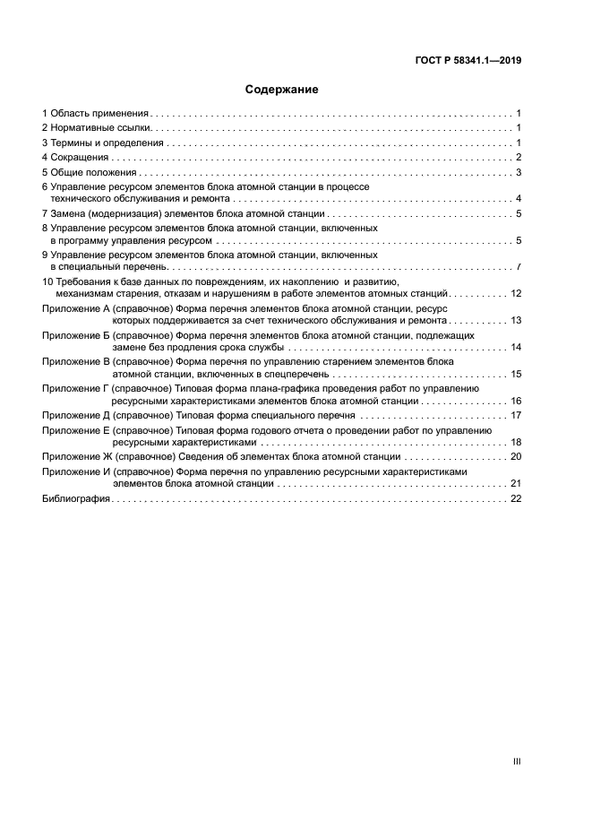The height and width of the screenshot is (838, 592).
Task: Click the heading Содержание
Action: point(282,90)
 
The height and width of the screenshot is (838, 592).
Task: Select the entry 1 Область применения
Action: point(95,114)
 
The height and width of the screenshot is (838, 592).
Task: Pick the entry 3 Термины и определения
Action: point(102,143)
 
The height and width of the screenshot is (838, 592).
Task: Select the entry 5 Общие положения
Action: point(89,172)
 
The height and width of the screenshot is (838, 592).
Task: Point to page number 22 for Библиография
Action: point(515,498)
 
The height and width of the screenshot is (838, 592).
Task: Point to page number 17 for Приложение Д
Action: point(515,416)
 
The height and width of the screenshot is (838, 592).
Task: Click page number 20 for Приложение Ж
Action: point(515,456)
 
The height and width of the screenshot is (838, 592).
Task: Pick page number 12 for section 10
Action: point(515,294)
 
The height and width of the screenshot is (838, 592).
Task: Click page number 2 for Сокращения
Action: point(519,158)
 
